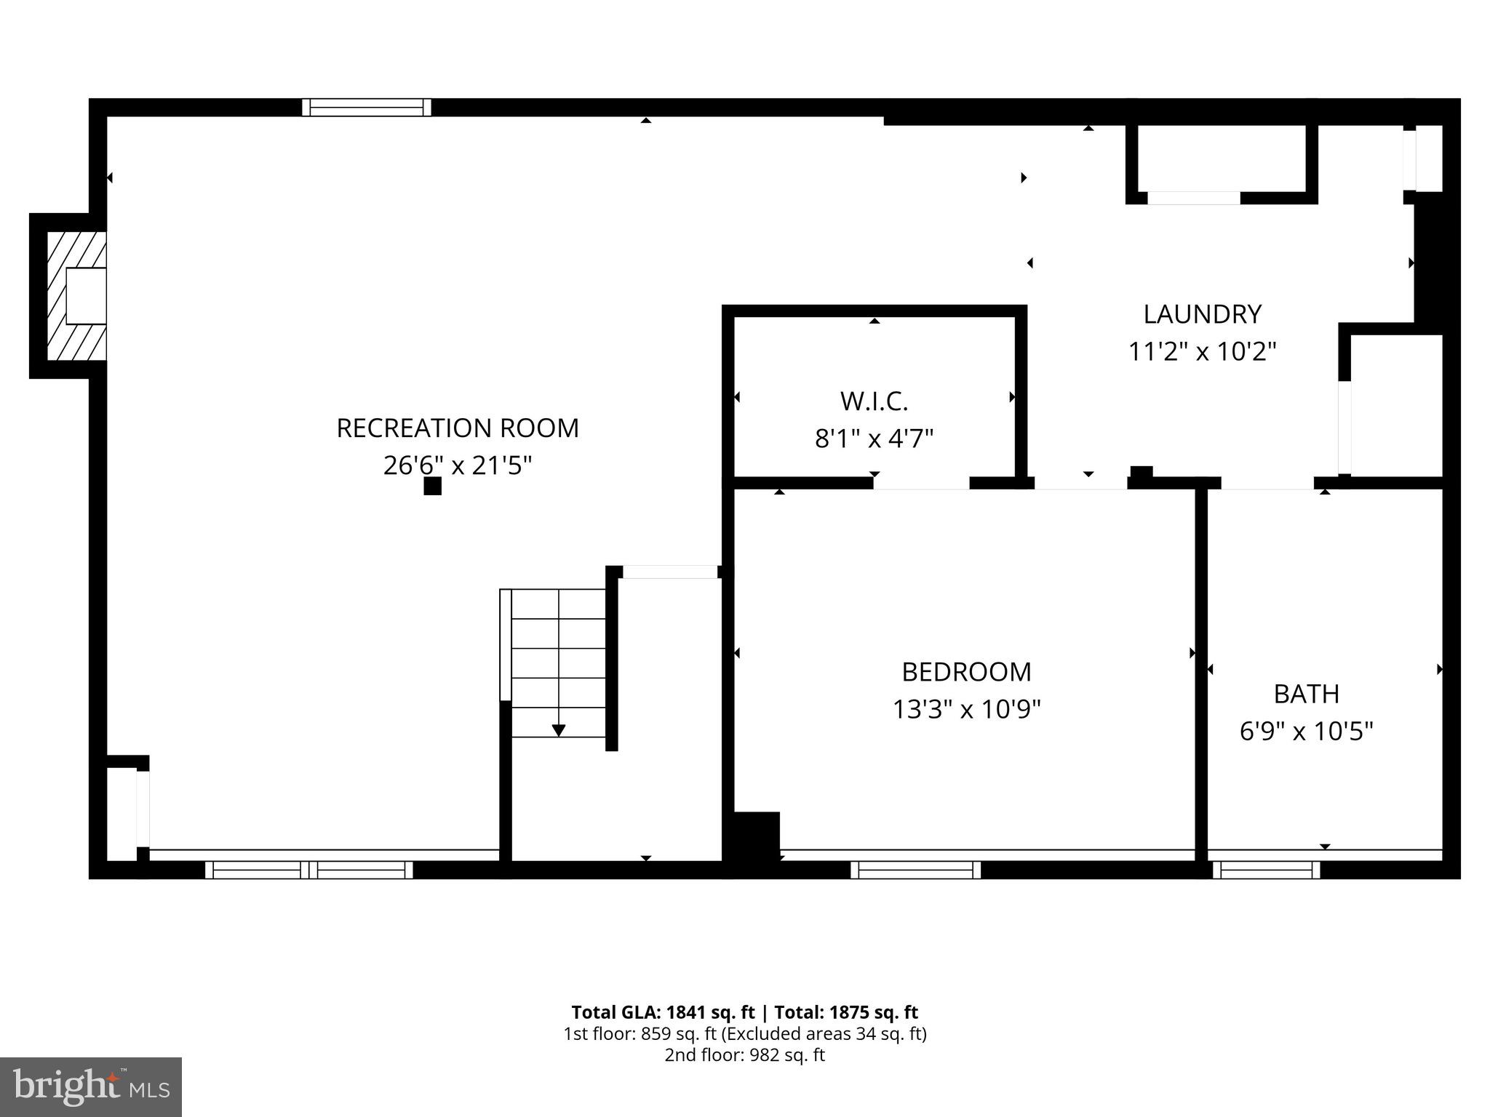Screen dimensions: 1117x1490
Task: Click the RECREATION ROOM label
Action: tap(458, 428)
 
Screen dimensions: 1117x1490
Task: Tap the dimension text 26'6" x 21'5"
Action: tap(458, 465)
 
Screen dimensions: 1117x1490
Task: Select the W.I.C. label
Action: tap(874, 401)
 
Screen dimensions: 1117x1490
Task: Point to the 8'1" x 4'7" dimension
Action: tap(874, 439)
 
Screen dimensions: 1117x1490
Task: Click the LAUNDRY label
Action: tap(1202, 314)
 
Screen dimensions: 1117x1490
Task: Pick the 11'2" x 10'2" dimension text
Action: tap(1202, 352)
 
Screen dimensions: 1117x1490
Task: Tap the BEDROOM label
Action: tap(966, 671)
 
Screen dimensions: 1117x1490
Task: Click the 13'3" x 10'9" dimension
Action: tap(966, 709)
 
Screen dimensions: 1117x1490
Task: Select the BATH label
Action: tap(1306, 694)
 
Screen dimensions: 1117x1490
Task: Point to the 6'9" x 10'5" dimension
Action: tap(1306, 731)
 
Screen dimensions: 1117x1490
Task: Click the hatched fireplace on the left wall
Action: tap(76, 295)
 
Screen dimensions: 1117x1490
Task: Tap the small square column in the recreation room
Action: tap(432, 487)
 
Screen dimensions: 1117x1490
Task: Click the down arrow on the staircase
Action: tap(559, 729)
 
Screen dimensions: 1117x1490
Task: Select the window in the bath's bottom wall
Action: tap(1266, 869)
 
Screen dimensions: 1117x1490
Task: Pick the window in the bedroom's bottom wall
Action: tap(915, 869)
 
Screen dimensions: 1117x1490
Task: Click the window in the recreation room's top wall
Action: tap(367, 108)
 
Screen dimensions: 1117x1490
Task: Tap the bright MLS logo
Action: tap(91, 1086)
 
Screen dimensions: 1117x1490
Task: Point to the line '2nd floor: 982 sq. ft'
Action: tap(744, 1055)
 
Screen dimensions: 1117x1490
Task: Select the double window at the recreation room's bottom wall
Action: tap(309, 869)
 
